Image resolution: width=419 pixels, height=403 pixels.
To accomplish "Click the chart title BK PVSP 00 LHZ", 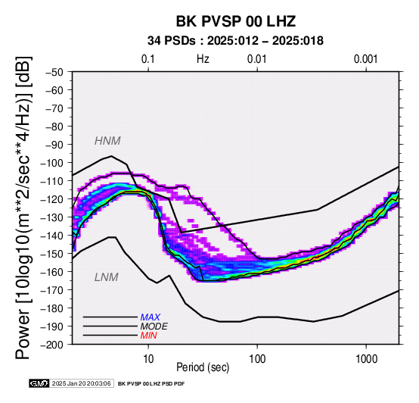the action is [x=236, y=21].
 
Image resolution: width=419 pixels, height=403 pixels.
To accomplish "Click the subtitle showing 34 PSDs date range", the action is [x=235, y=41].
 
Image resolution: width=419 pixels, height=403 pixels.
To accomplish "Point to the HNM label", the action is [x=107, y=141].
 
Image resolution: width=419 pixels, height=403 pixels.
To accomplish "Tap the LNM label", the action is [x=107, y=277].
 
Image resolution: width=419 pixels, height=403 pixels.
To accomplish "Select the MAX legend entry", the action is [x=151, y=317].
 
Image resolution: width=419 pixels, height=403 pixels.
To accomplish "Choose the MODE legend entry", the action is [x=154, y=326].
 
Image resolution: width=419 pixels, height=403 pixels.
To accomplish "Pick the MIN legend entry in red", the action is [x=148, y=336].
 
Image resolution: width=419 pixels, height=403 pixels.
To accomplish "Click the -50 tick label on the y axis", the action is [x=54, y=72].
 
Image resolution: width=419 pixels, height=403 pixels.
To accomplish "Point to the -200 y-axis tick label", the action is [x=52, y=345].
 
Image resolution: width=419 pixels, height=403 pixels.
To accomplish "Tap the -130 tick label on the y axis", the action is [x=52, y=217].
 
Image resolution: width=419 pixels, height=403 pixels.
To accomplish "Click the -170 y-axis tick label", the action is [x=52, y=290].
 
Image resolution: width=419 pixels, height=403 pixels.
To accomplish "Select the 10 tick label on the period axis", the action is [x=148, y=359].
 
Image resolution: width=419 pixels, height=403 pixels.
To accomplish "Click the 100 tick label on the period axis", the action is [x=257, y=359].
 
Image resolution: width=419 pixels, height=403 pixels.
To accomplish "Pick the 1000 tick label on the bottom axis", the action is [x=366, y=359].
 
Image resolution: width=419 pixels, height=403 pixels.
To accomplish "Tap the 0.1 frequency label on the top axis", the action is [x=148, y=59].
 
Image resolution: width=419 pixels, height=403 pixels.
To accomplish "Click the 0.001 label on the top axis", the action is [x=366, y=59].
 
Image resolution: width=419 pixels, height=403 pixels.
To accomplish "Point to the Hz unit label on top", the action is [x=203, y=59].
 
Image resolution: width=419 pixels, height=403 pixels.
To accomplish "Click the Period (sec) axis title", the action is [x=203, y=367].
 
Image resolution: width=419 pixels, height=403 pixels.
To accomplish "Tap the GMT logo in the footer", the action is [x=39, y=383].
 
